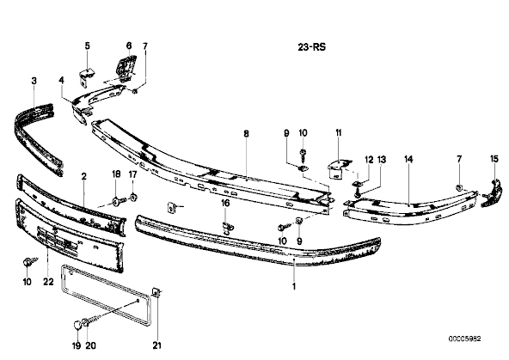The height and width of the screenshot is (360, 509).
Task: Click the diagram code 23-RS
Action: tap(311, 47)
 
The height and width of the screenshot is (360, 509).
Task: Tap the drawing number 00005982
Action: tap(464, 339)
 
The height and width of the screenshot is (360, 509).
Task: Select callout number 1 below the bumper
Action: tap(294, 287)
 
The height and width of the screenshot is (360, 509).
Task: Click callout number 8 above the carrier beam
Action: tap(247, 133)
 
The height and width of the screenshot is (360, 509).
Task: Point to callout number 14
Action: tap(408, 159)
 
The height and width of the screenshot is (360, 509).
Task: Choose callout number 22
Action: tap(48, 282)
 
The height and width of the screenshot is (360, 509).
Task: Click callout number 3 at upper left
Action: tap(34, 81)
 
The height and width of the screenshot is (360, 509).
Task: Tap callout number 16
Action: tap(225, 204)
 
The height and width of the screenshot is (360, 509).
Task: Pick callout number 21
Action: tap(156, 345)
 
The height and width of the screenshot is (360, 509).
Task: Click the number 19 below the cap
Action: tap(77, 345)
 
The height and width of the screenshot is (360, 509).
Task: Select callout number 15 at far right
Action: tap(494, 159)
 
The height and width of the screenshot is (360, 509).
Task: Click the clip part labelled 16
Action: tap(229, 228)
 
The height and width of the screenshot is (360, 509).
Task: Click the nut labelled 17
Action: tap(133, 198)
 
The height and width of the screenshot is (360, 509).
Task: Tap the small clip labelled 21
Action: tap(156, 293)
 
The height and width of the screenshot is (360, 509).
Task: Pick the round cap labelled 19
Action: tap(77, 325)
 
